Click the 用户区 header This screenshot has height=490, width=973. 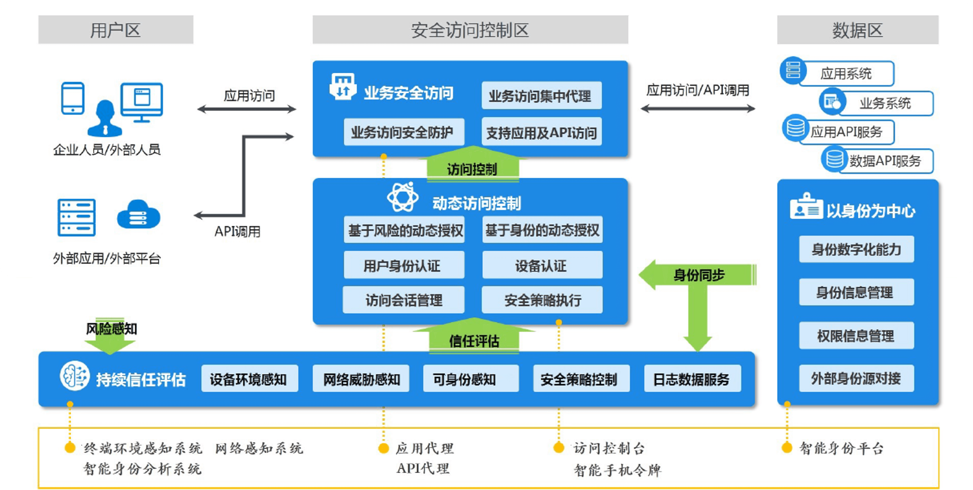tap(116, 30)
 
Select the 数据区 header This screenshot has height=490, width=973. tap(857, 30)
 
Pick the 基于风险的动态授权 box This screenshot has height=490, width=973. tap(404, 230)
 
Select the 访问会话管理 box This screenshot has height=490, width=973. tap(403, 300)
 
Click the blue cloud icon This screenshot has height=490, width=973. tap(139, 215)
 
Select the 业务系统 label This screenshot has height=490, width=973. tap(885, 103)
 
